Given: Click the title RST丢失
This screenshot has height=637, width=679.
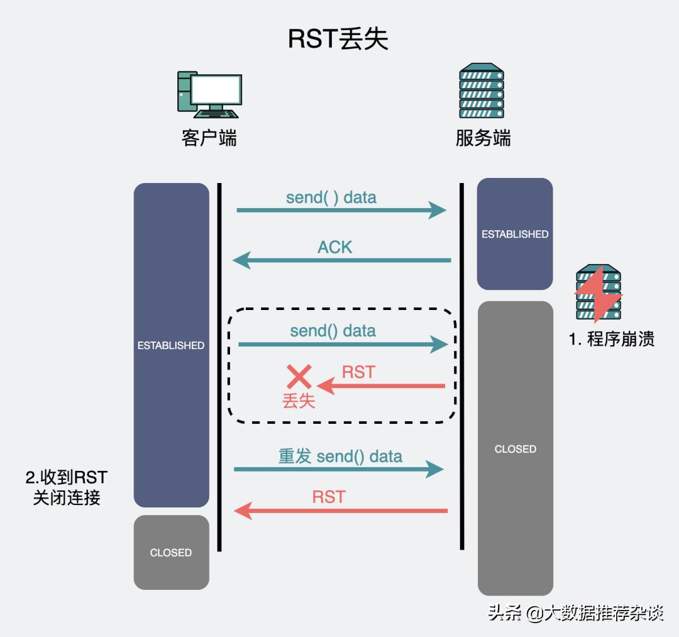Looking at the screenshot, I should pyautogui.click(x=338, y=39).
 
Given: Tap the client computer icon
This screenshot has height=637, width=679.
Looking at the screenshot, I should pyautogui.click(x=209, y=94).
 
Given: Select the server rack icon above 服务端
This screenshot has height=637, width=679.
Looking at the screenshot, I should pyautogui.click(x=482, y=91).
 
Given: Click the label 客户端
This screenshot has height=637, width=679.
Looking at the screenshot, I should pyautogui.click(x=209, y=138).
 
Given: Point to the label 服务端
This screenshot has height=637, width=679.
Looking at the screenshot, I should pyautogui.click(x=483, y=138).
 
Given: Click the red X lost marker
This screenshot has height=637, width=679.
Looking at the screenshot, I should pyautogui.click(x=299, y=377).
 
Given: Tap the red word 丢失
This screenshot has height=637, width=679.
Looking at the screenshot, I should pyautogui.click(x=299, y=401).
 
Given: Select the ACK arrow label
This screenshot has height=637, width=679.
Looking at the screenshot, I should pyautogui.click(x=334, y=247).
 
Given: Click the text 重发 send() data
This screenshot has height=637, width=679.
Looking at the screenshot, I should pyautogui.click(x=340, y=456).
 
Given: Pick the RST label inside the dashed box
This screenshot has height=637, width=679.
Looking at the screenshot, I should pyautogui.click(x=358, y=372).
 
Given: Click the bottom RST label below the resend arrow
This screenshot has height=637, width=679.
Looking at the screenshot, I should pyautogui.click(x=329, y=497).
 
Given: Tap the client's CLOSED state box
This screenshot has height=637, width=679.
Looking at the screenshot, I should pyautogui.click(x=171, y=552).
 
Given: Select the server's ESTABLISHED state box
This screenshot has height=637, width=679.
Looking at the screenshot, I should pyautogui.click(x=515, y=234).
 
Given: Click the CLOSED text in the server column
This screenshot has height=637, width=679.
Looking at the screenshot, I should pyautogui.click(x=516, y=449).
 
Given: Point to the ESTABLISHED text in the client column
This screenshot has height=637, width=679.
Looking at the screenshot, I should pyautogui.click(x=171, y=345).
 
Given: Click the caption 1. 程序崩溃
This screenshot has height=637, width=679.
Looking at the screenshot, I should pyautogui.click(x=612, y=339).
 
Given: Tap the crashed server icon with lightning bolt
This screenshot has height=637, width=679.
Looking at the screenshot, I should pyautogui.click(x=599, y=292).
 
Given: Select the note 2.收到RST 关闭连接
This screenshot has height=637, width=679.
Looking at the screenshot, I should pyautogui.click(x=67, y=487).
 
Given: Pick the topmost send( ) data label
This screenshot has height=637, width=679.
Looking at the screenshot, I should pyautogui.click(x=331, y=197).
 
